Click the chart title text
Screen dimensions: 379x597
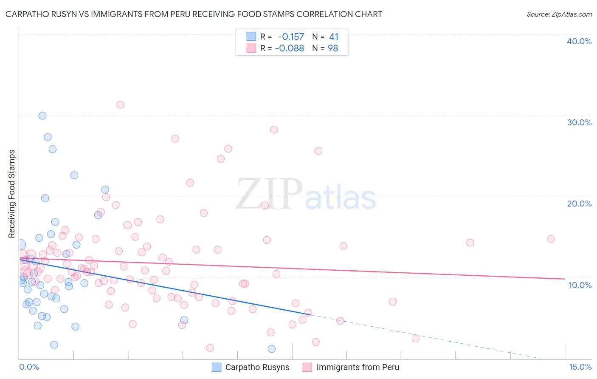(x=194, y=14)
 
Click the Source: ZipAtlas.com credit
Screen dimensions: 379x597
(x=559, y=14)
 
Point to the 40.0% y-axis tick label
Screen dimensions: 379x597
(x=579, y=41)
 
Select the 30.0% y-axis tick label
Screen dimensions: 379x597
(x=579, y=122)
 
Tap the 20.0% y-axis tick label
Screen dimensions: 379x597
(x=579, y=204)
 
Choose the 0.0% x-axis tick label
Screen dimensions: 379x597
(x=29, y=367)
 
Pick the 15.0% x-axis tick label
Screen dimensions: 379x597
(x=580, y=367)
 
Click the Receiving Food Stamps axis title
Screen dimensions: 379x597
(x=12, y=194)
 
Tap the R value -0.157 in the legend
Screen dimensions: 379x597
(x=291, y=37)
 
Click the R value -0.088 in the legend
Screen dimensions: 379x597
(x=290, y=48)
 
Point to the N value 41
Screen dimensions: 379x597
(x=333, y=37)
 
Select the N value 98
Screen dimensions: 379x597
(x=333, y=48)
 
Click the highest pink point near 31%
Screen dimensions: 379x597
(x=121, y=105)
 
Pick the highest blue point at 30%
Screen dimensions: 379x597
(x=42, y=116)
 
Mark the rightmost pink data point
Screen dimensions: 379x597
(x=551, y=239)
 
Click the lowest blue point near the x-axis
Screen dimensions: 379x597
(x=272, y=349)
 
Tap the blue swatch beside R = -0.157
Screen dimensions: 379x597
(x=251, y=37)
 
